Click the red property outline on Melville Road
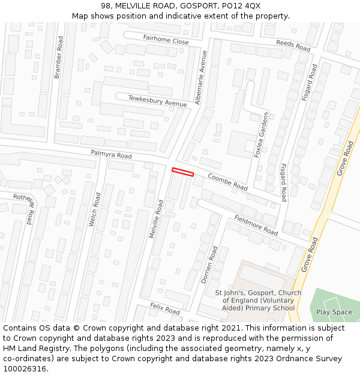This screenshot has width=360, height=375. coord(183,172)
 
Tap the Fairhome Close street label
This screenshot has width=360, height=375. coord(166,40)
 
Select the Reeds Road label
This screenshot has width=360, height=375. coord(293,44)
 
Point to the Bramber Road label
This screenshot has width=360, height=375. coord(58,57)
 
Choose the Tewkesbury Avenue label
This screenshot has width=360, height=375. coord(158,100)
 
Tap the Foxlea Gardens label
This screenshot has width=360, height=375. coord(262,136)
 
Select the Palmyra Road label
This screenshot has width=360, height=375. coord(111,155)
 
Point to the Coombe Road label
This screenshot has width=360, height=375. coord(227,182)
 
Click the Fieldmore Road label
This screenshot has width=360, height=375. coord(256,225)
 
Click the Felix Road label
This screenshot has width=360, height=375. coord(165,309)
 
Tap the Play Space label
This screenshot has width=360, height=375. coord(334,312)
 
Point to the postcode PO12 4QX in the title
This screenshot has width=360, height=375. coord(239,5)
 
